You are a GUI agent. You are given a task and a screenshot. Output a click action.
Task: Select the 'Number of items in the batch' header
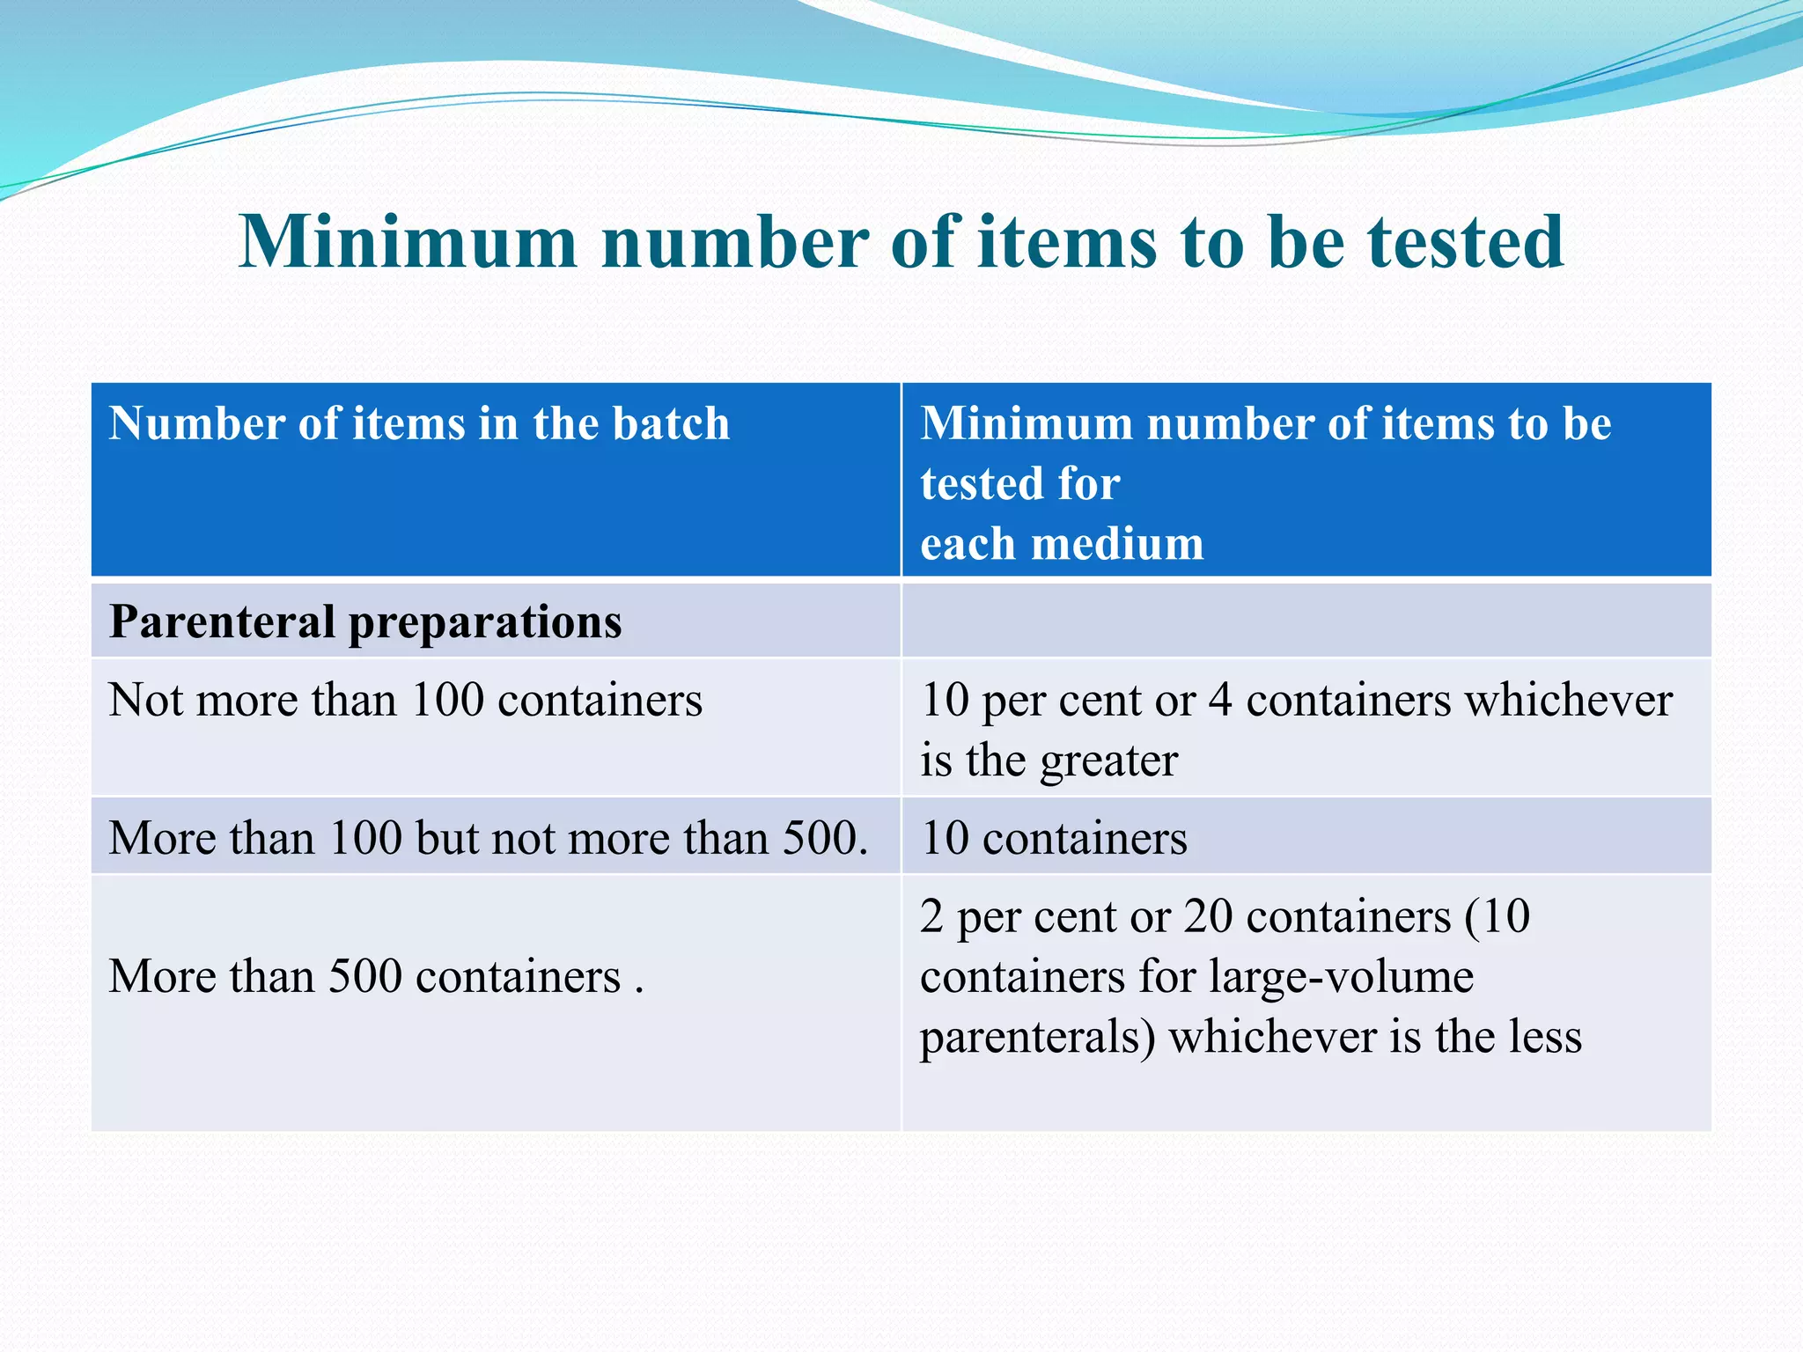(419, 423)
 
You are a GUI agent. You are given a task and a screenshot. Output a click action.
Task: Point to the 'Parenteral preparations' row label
(365, 621)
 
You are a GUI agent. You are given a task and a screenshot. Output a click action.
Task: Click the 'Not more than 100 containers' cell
(405, 701)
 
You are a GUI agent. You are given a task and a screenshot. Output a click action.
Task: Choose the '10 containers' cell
(1054, 838)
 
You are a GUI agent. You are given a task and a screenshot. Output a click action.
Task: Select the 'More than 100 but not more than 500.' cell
(489, 838)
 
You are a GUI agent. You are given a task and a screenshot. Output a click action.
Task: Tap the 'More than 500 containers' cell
(376, 977)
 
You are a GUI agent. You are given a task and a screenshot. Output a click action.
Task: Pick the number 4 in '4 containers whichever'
(1219, 701)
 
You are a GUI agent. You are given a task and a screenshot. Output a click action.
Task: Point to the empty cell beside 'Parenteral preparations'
(1306, 621)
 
